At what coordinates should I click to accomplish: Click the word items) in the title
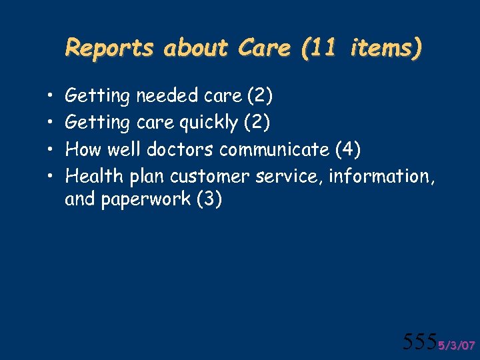(x=388, y=48)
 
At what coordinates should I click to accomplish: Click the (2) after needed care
(x=259, y=96)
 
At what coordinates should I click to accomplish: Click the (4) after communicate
(x=349, y=149)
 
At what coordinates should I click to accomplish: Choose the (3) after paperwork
(x=209, y=200)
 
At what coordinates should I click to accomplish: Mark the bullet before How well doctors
(x=51, y=150)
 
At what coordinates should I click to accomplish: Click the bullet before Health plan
(x=51, y=177)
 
